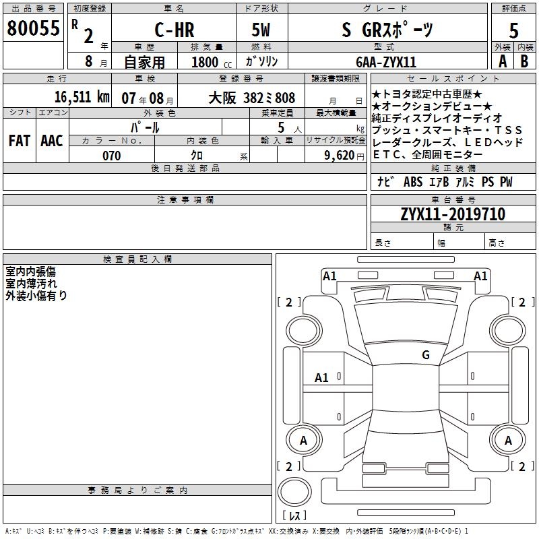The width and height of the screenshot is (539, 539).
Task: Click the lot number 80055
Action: (x=32, y=28)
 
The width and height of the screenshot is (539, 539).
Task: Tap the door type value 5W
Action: (x=262, y=29)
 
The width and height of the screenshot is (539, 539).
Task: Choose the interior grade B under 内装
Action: (x=525, y=61)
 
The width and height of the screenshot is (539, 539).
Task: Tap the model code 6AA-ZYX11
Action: (x=386, y=62)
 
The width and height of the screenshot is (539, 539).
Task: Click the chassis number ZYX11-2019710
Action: (x=452, y=214)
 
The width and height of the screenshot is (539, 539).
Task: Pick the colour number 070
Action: (x=112, y=156)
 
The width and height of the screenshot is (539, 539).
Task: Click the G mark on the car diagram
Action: (x=425, y=354)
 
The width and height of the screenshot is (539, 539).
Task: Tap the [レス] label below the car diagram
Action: (x=294, y=516)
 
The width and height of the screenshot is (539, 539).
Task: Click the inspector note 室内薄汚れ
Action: (x=32, y=284)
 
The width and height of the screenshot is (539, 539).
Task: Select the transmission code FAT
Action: (x=19, y=141)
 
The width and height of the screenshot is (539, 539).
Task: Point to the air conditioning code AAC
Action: (x=52, y=141)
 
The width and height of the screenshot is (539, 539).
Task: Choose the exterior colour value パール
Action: (x=144, y=127)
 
